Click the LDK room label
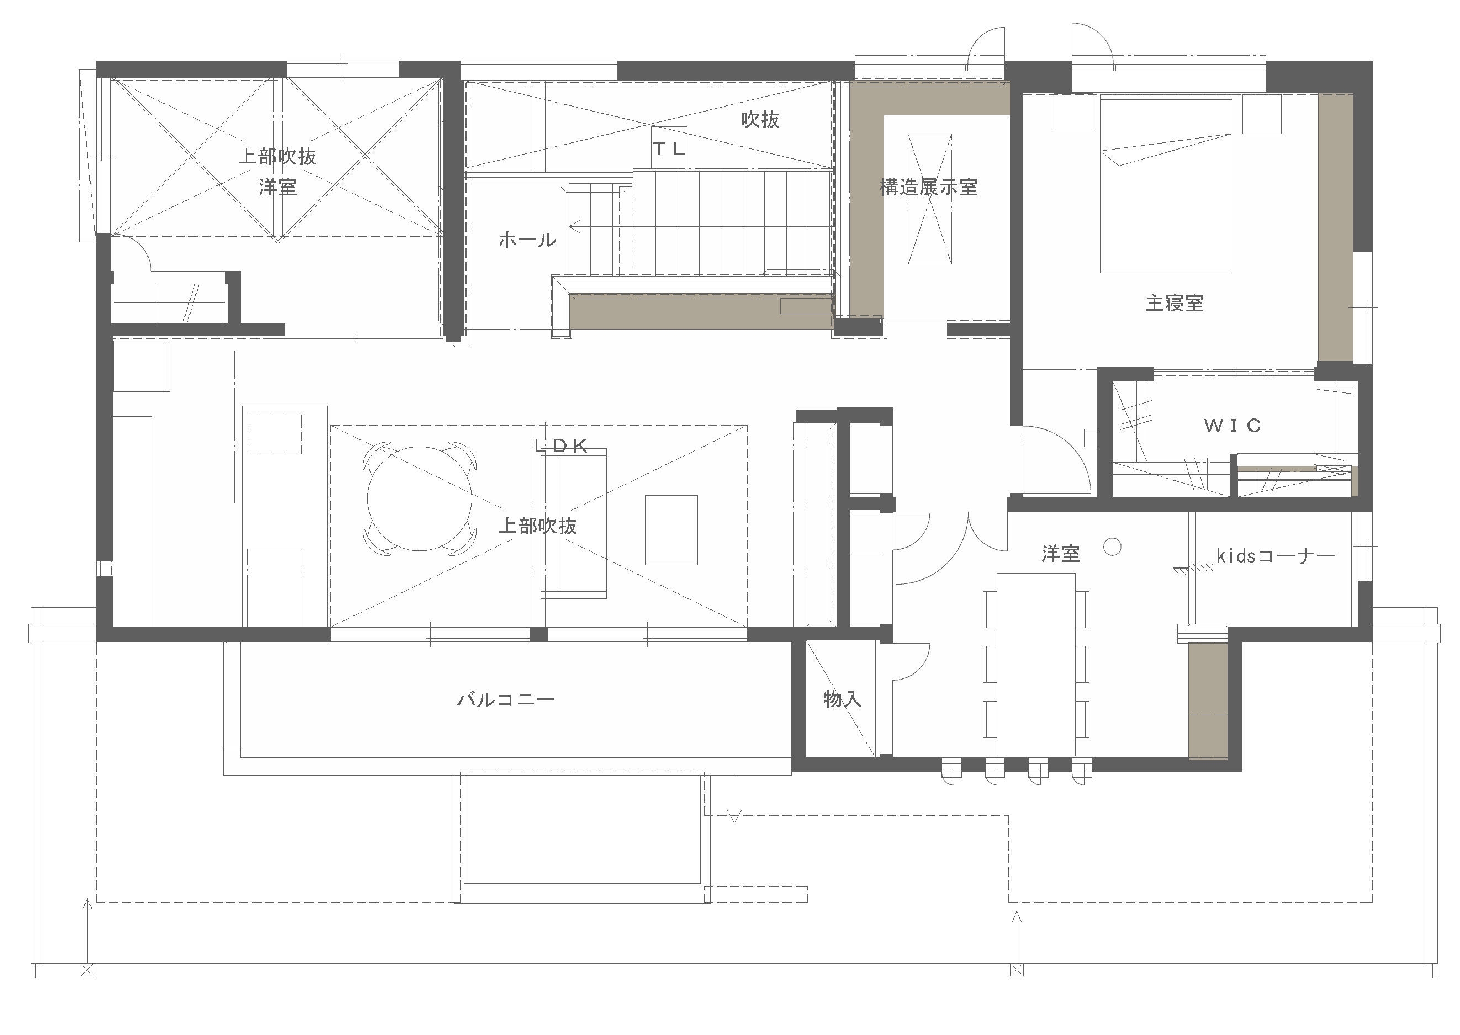[x=561, y=446]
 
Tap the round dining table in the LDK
[x=420, y=498]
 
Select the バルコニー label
[x=506, y=700]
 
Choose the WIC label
[x=1232, y=426]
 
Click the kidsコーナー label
[x=1275, y=556]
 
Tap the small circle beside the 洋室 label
[x=1113, y=547]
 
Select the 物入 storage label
[x=842, y=699]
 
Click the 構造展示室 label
[x=928, y=187]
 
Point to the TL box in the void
[x=669, y=149]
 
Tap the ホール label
[x=527, y=240]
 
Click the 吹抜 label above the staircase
[x=760, y=119]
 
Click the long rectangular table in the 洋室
[x=1036, y=664]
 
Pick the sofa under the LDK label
[x=573, y=523]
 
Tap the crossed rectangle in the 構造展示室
[x=929, y=198]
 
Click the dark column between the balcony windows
[x=538, y=634]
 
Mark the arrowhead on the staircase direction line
[x=574, y=225]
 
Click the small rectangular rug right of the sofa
[x=671, y=530]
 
